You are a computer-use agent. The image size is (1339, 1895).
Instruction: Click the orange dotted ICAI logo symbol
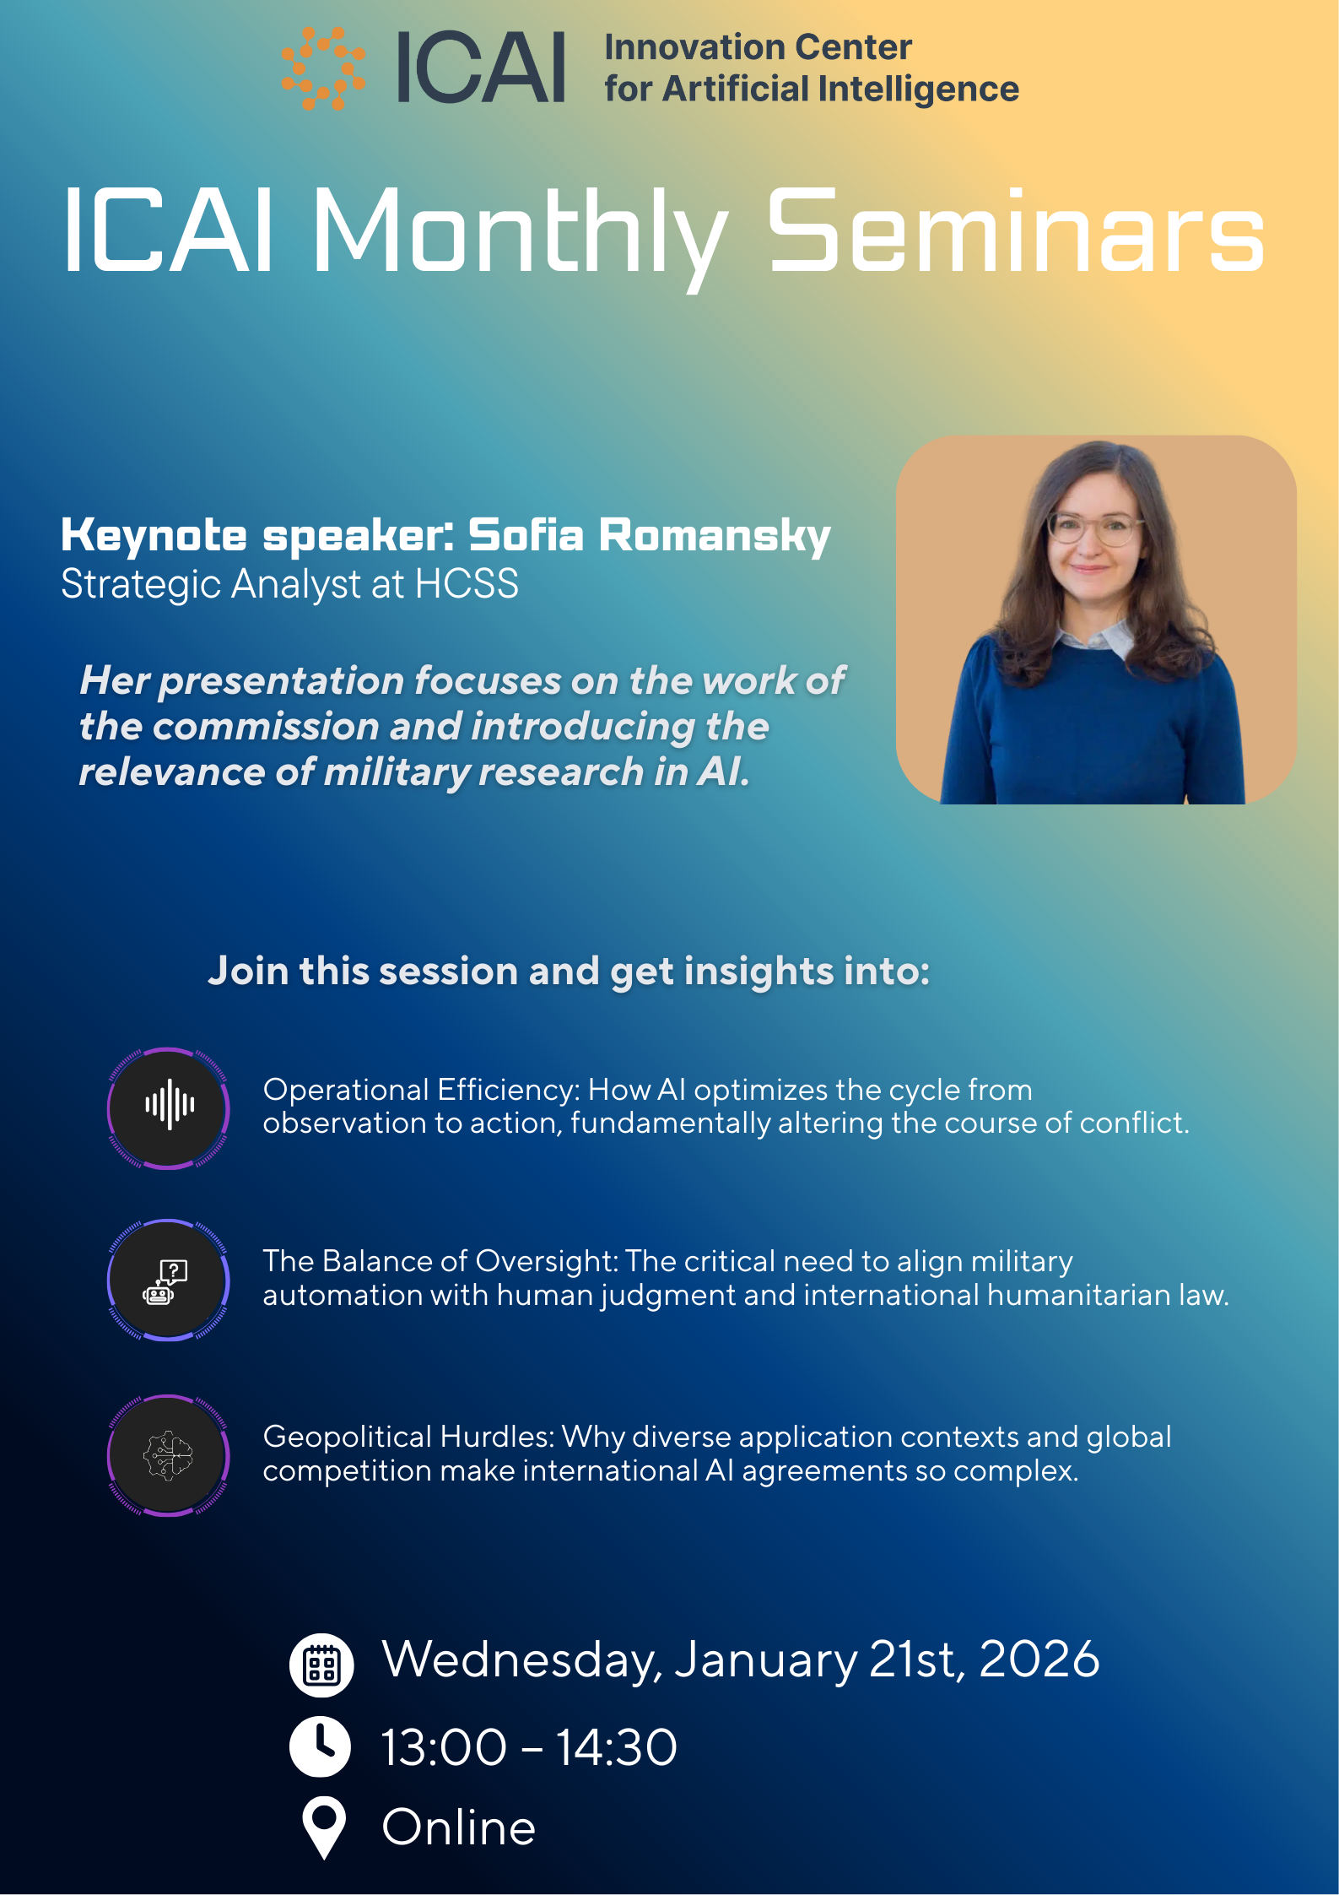[323, 68]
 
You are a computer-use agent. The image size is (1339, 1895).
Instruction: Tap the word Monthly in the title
[520, 236]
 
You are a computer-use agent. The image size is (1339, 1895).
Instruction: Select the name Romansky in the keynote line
[715, 537]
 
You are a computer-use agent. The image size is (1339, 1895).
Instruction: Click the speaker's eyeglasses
[1095, 529]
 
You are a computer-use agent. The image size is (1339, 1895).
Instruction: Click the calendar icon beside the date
[321, 1665]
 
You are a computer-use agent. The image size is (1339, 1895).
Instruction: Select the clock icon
[320, 1746]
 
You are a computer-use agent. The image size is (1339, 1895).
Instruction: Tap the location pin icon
[324, 1827]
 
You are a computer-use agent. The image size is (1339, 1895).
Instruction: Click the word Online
[459, 1827]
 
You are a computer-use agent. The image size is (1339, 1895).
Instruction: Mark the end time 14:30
[617, 1747]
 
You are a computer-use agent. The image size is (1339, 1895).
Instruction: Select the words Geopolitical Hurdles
[408, 1437]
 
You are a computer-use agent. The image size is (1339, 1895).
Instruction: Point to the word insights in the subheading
[758, 972]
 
